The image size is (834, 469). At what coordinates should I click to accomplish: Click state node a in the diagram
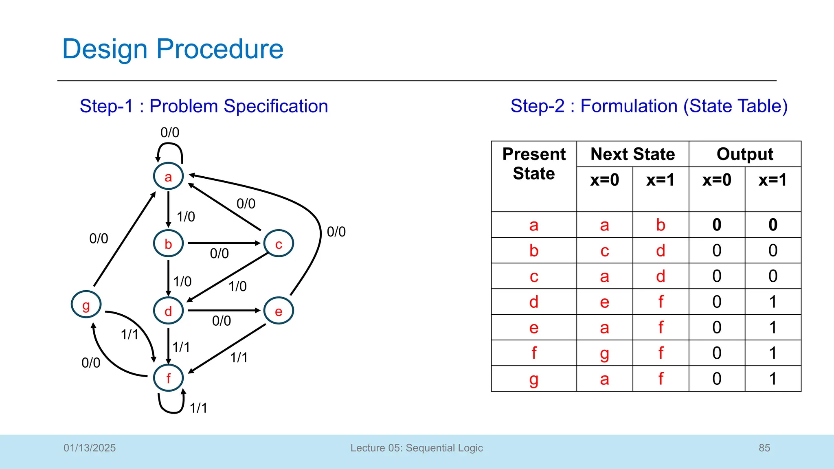(168, 176)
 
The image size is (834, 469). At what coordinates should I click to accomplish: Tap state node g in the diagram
(86, 305)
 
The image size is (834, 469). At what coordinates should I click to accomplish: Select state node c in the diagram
(279, 243)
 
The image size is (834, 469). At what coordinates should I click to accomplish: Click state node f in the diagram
(168, 378)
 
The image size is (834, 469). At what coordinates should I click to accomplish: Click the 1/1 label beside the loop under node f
(198, 408)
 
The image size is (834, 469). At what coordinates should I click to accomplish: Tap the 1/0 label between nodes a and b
(186, 217)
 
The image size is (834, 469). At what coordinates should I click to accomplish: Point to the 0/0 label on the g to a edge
(99, 239)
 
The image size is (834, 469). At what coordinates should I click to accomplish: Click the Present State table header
(533, 164)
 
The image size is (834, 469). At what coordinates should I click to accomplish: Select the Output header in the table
(745, 154)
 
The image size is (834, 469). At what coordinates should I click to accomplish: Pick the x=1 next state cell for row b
(661, 250)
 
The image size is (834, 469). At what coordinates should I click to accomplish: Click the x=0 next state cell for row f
(604, 353)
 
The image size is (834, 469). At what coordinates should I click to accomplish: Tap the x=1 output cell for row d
(773, 302)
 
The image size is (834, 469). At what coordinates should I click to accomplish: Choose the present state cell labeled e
(533, 327)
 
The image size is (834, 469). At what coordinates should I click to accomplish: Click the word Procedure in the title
(220, 49)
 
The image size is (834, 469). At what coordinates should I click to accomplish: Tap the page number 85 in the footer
(764, 448)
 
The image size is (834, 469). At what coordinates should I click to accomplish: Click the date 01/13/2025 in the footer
(90, 448)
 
